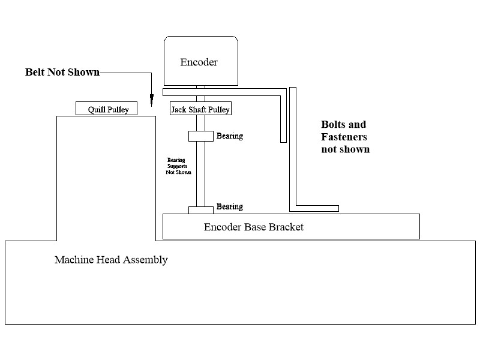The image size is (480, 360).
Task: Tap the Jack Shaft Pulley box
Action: click(x=200, y=109)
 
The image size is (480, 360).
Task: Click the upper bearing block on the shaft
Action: click(x=201, y=136)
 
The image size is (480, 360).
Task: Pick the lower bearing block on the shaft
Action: click(x=201, y=209)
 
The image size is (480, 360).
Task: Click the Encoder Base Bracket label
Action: click(x=254, y=227)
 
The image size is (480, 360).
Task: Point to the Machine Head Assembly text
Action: click(x=111, y=260)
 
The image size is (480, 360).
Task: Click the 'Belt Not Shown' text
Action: click(x=62, y=72)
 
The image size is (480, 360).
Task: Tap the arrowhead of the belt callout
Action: click(x=152, y=94)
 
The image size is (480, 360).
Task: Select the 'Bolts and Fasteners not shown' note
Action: click(x=345, y=137)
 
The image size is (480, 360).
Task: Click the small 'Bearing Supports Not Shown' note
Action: click(x=178, y=166)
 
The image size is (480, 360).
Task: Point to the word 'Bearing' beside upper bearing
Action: click(x=230, y=136)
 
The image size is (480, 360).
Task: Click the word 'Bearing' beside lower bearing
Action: click(x=230, y=207)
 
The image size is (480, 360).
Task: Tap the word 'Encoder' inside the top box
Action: click(x=199, y=62)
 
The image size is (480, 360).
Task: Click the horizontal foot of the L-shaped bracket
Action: click(x=314, y=208)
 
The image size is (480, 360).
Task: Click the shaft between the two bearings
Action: click(x=201, y=174)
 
